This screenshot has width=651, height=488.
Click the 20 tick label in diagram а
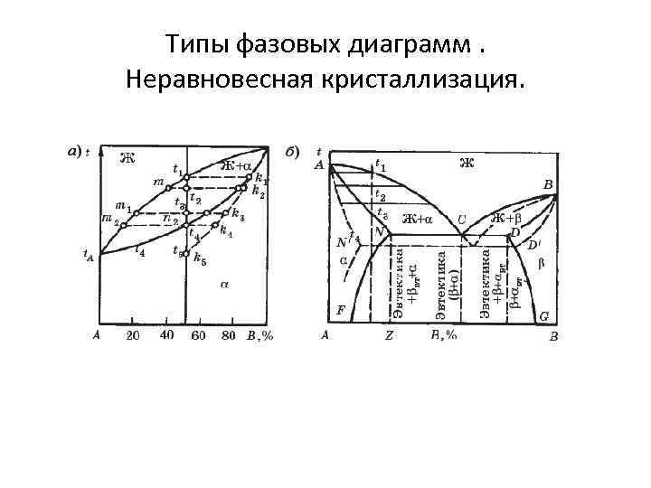(133, 336)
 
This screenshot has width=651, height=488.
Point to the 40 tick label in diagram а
(167, 335)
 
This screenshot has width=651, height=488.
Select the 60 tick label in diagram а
(199, 336)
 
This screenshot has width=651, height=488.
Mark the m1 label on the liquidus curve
(124, 207)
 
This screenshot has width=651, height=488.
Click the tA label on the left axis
(89, 256)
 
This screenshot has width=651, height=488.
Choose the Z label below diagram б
(389, 336)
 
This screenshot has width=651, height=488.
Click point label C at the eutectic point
(461, 220)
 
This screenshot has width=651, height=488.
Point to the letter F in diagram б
(341, 309)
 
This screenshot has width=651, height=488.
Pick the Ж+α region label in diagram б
(417, 219)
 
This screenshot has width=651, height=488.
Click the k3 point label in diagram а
(237, 214)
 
